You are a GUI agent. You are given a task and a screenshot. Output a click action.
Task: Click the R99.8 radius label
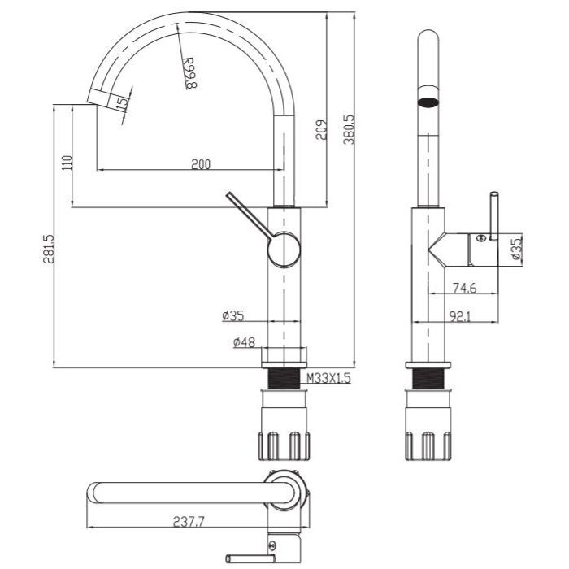click(x=189, y=73)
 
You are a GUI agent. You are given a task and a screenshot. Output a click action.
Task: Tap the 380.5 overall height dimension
click(x=349, y=129)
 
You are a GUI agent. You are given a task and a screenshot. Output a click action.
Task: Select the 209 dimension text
click(x=322, y=130)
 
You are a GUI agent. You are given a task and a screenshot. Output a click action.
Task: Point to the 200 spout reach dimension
click(x=201, y=164)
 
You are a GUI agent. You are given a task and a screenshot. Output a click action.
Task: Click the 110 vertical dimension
click(x=67, y=163)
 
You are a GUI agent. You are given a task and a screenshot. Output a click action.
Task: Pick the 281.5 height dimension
click(x=49, y=249)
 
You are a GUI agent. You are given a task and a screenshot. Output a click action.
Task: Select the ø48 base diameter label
click(x=244, y=342)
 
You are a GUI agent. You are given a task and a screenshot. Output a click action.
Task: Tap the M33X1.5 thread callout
click(x=328, y=378)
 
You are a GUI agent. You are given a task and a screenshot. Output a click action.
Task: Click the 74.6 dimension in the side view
click(x=464, y=288)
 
